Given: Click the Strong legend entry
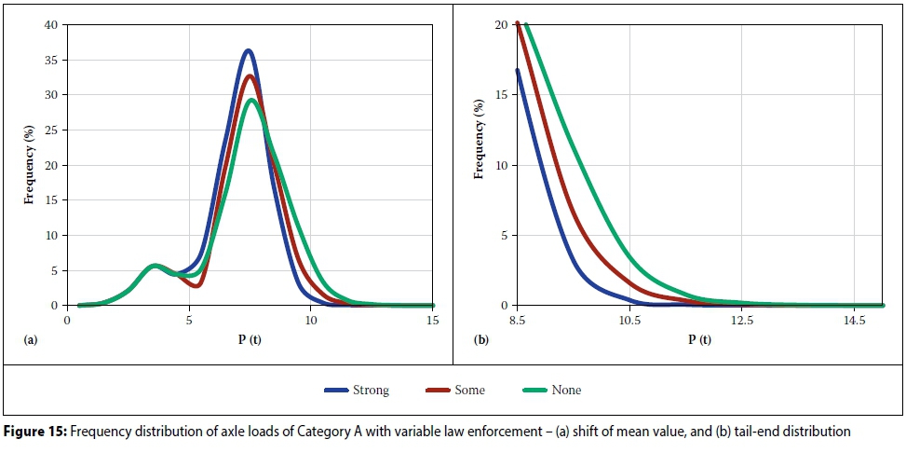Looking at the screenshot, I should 358,391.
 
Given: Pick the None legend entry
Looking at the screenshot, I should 551,391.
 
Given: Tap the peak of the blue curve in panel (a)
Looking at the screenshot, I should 248,50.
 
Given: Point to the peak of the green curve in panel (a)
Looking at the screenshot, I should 252,100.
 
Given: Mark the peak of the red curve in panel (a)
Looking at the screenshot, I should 250,75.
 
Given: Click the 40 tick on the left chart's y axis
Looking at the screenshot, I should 52,25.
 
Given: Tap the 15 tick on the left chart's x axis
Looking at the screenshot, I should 432,320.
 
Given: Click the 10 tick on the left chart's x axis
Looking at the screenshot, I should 310,320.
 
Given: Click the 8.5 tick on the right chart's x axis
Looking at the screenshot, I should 519,320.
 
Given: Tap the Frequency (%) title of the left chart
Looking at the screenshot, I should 30,164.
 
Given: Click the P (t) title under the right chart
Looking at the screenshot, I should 699,339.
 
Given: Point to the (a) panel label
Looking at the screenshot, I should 30,340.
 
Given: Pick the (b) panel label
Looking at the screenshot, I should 480,340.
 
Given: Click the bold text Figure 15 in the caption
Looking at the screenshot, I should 36,432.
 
